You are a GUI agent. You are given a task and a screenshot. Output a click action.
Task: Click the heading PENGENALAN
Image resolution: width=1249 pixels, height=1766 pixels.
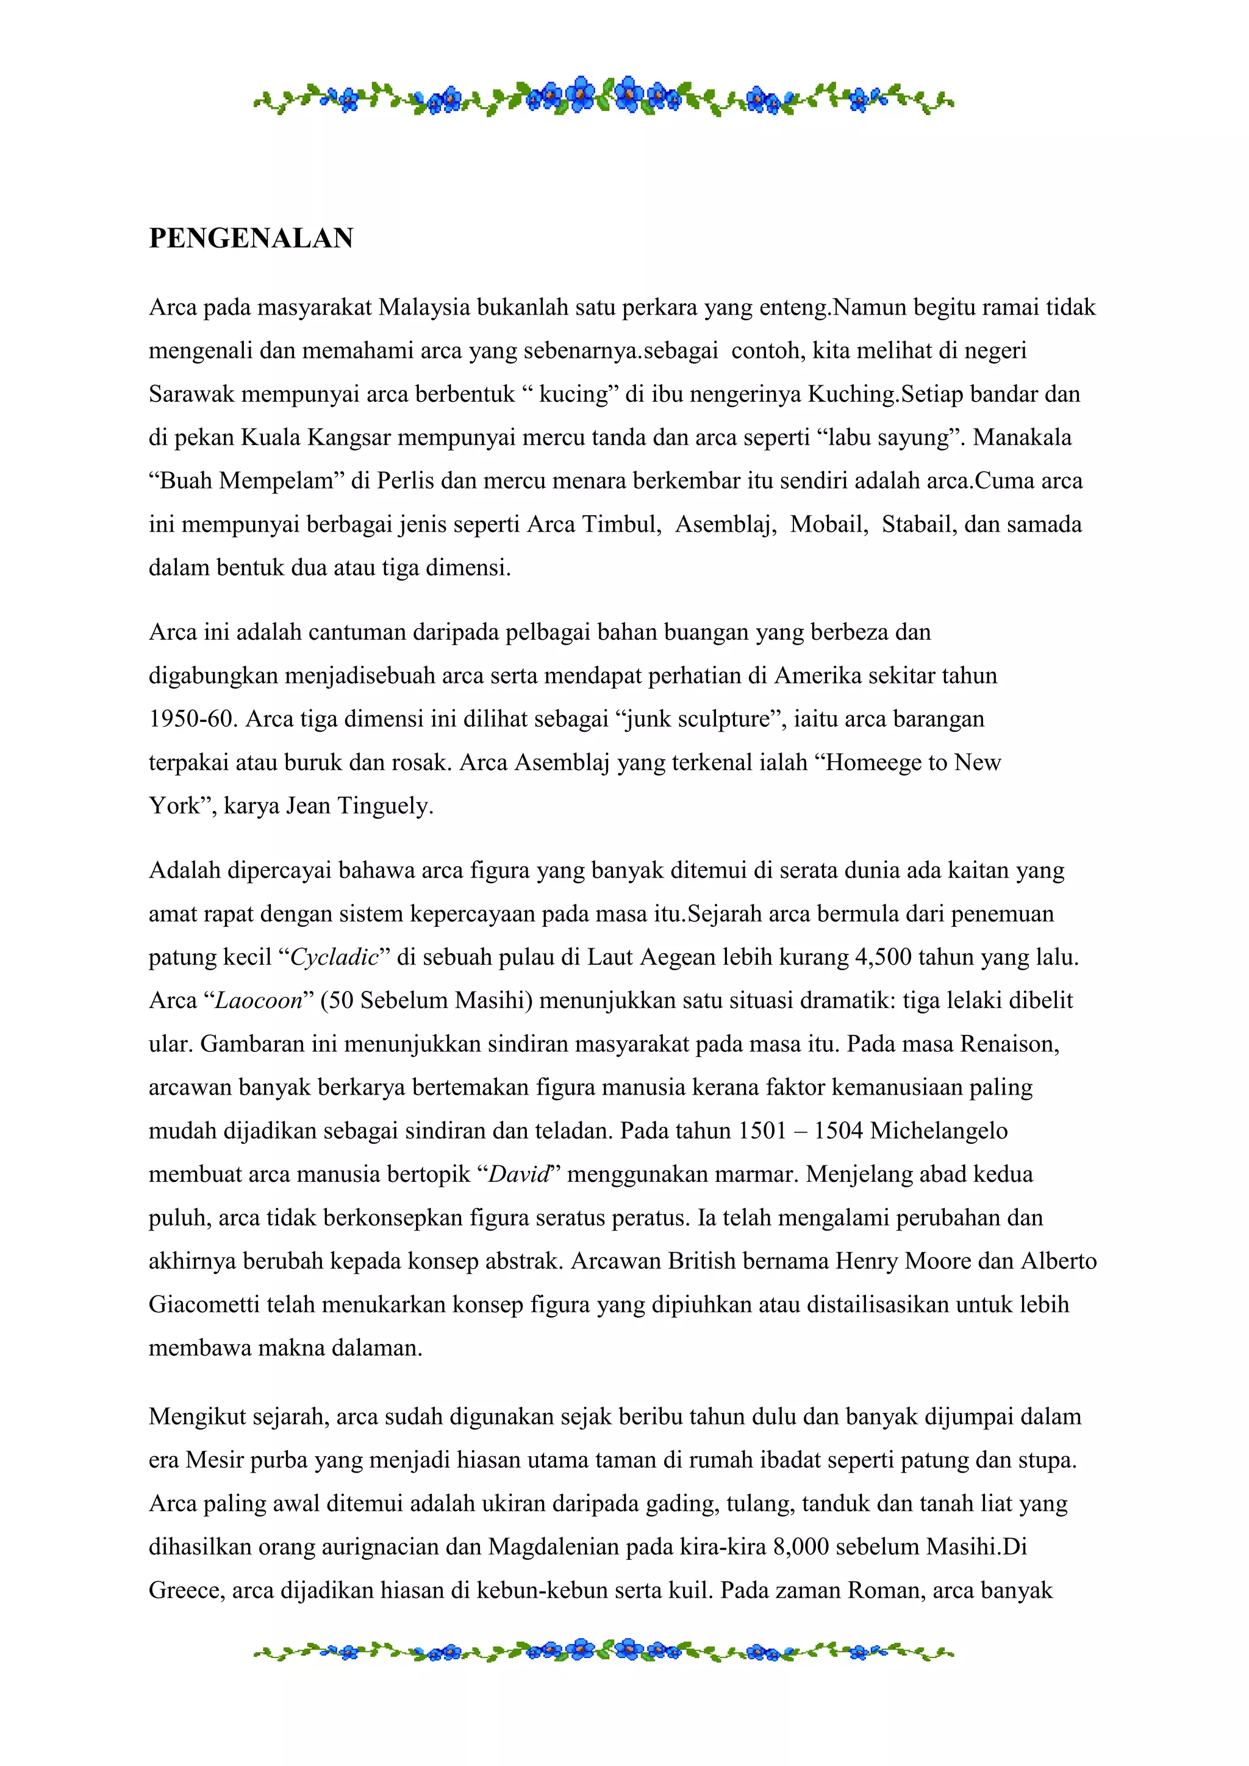coord(251,238)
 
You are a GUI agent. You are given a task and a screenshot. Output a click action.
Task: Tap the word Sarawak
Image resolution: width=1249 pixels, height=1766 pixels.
coord(191,395)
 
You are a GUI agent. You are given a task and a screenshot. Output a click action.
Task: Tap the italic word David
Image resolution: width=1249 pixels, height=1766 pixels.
coord(519,1175)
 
